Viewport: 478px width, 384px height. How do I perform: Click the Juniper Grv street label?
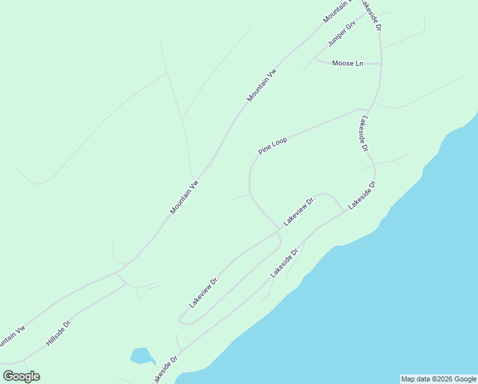[x=341, y=35]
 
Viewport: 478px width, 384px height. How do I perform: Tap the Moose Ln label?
[x=348, y=63]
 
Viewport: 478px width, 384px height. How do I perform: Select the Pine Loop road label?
[x=272, y=145]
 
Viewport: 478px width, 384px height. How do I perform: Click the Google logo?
[x=21, y=376]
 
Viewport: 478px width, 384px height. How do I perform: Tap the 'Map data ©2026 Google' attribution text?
[x=438, y=379]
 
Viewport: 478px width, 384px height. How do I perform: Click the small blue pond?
[x=141, y=355]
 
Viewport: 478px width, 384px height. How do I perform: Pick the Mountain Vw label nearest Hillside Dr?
[x=12, y=337]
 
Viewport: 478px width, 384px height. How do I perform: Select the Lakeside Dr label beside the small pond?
[x=164, y=370]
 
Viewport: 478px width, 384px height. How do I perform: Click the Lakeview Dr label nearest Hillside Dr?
[x=204, y=291]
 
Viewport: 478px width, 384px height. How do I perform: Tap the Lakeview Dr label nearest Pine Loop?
[x=300, y=211]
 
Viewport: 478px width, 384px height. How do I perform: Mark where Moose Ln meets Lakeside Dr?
[x=382, y=64]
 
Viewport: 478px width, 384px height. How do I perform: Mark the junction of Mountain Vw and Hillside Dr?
[x=116, y=273]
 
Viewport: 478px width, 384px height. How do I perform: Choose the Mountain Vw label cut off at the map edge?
[x=337, y=12]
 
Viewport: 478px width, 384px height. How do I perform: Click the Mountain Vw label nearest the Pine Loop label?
[x=262, y=85]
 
